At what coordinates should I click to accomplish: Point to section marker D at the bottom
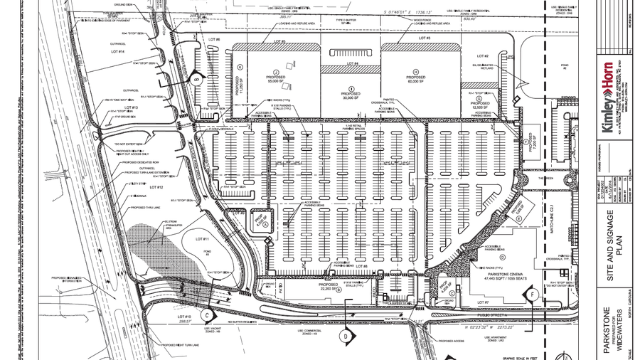pyautogui.click(x=346, y=334)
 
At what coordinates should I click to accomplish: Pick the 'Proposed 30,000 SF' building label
pyautogui.click(x=351, y=95)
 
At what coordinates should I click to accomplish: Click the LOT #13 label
pyautogui.click(x=119, y=107)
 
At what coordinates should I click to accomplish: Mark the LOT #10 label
pyautogui.click(x=185, y=317)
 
